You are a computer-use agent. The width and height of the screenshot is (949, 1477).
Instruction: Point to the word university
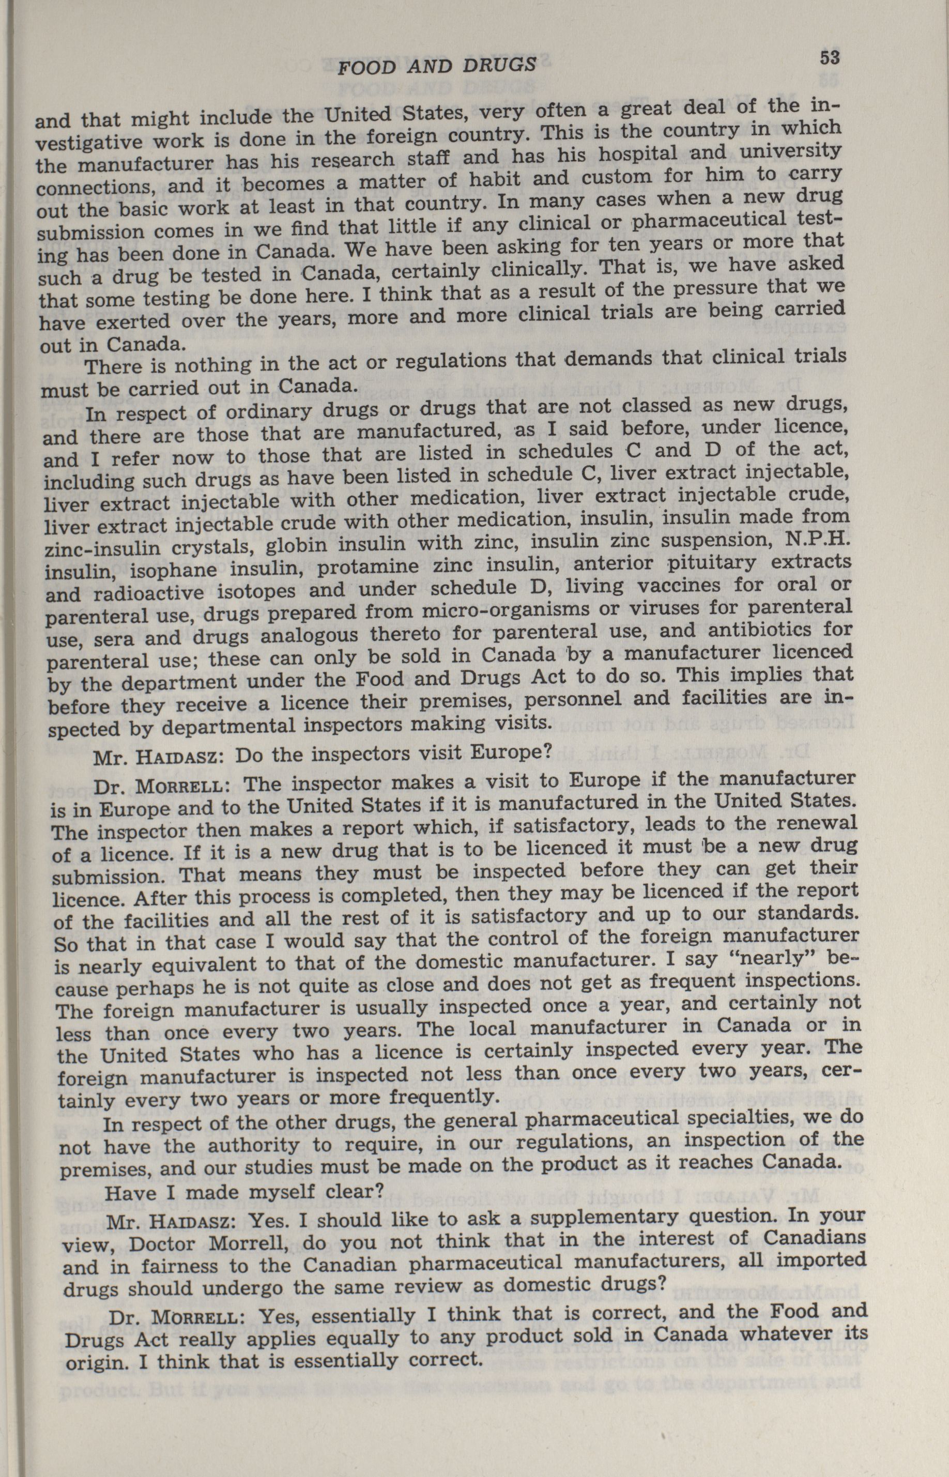tap(791, 148)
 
